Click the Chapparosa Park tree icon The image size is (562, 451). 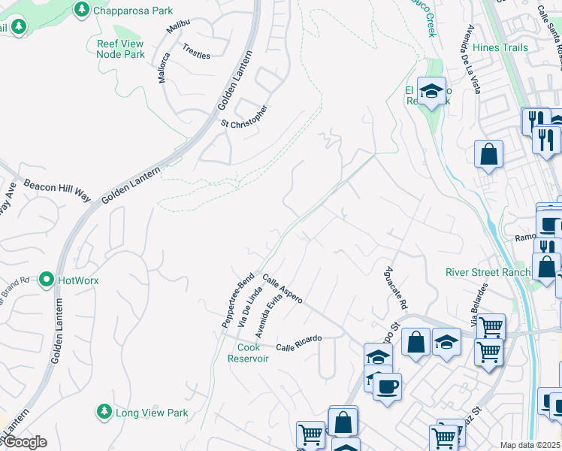(x=82, y=11)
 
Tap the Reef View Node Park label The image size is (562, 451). (x=121, y=49)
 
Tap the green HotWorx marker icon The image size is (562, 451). (x=47, y=280)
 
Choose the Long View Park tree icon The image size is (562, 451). (x=104, y=412)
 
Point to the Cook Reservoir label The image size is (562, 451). (x=248, y=353)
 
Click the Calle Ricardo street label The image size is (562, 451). (x=298, y=344)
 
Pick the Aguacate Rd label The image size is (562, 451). (x=394, y=290)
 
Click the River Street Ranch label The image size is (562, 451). (x=488, y=272)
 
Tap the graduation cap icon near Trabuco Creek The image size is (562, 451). (x=431, y=92)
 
